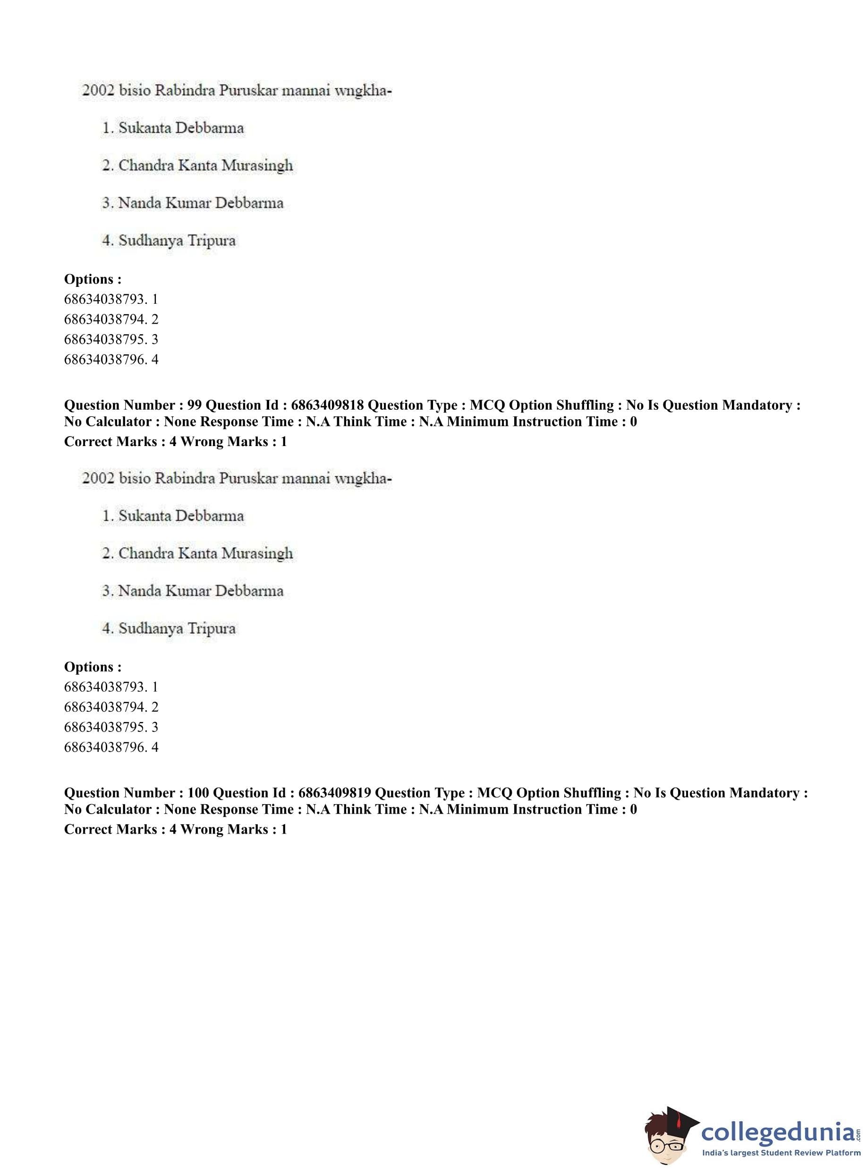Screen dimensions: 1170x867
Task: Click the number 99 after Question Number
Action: pos(194,405)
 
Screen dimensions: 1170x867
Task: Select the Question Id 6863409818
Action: pos(327,405)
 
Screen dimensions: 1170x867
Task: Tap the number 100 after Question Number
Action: pos(198,792)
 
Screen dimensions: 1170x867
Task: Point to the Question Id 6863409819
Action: pos(334,792)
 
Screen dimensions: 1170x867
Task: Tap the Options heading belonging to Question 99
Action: pos(93,666)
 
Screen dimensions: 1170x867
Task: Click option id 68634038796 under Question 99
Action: pos(104,747)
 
